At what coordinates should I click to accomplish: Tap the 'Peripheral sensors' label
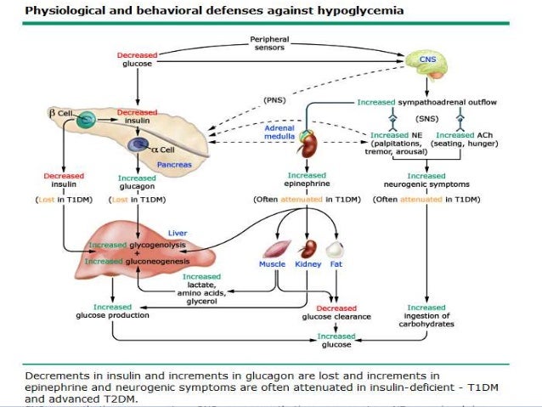[x=271, y=43]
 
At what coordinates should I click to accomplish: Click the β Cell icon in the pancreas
[x=88, y=122]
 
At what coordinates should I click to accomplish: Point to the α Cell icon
[x=137, y=146]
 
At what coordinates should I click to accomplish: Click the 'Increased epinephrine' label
[x=307, y=179]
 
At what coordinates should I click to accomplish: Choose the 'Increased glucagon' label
[x=136, y=182]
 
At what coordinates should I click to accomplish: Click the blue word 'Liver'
[x=178, y=231]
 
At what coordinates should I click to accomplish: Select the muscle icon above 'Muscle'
[x=274, y=249]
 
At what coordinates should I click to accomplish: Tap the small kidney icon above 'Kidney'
[x=308, y=249]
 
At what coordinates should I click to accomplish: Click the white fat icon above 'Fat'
[x=336, y=249]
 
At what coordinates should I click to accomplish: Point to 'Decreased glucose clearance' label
[x=336, y=312]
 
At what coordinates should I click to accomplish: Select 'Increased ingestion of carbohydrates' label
[x=426, y=315]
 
